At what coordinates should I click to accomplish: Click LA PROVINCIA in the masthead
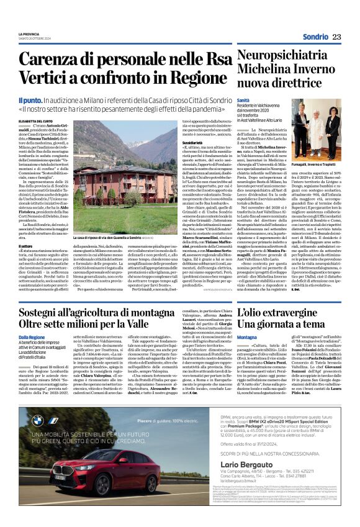point(29,34)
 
